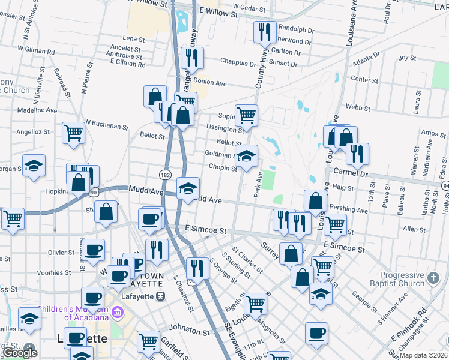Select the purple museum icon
[116, 313]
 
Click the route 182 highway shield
[165, 174]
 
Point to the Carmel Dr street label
[350, 172]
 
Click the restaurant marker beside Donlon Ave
[193, 58]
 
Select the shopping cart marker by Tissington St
[246, 115]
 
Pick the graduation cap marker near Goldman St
[246, 156]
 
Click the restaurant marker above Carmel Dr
[357, 154]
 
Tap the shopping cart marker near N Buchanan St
[73, 133]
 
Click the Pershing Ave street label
[353, 211]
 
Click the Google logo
[20, 353]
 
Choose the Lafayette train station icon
[160, 296]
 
